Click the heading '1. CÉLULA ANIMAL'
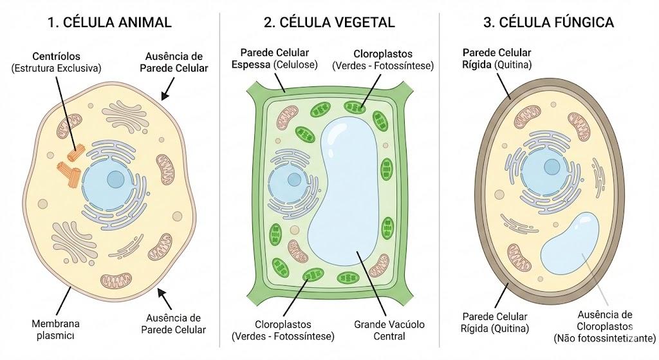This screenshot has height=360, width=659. [x=109, y=23]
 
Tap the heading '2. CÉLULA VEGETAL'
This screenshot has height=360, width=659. [x=329, y=23]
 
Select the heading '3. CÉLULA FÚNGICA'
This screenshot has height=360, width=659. [x=548, y=23]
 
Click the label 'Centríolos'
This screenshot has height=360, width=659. [x=57, y=57]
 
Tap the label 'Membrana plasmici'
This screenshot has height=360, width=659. [x=55, y=329]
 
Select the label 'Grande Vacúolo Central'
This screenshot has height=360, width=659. [x=389, y=330]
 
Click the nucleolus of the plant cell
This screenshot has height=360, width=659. [x=294, y=180]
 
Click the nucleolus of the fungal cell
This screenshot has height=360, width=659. [x=552, y=167]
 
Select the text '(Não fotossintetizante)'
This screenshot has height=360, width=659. [x=604, y=338]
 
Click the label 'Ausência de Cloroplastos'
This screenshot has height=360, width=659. [x=604, y=321]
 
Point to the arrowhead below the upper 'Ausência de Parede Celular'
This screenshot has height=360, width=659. [x=165, y=97]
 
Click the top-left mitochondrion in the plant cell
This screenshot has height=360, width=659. [x=288, y=117]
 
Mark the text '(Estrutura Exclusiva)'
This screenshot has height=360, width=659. [x=57, y=68]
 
